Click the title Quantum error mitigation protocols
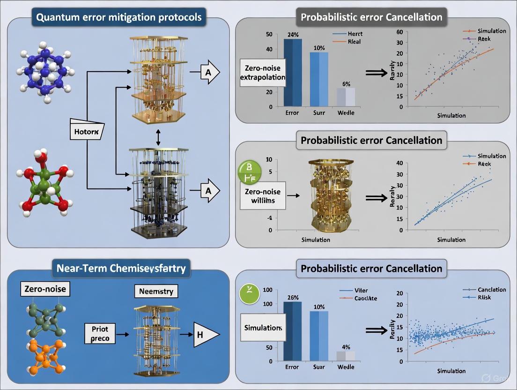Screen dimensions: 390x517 [119, 18]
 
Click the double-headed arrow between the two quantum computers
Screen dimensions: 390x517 [158, 136]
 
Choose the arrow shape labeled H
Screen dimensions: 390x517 [205, 335]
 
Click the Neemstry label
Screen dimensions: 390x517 [156, 291]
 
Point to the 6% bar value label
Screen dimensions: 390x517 [346, 83]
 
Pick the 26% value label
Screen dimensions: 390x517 [293, 296]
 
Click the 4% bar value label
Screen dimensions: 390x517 [346, 347]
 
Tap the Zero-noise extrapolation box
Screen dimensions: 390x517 [262, 73]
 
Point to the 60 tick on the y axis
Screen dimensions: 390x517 [399, 31]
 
